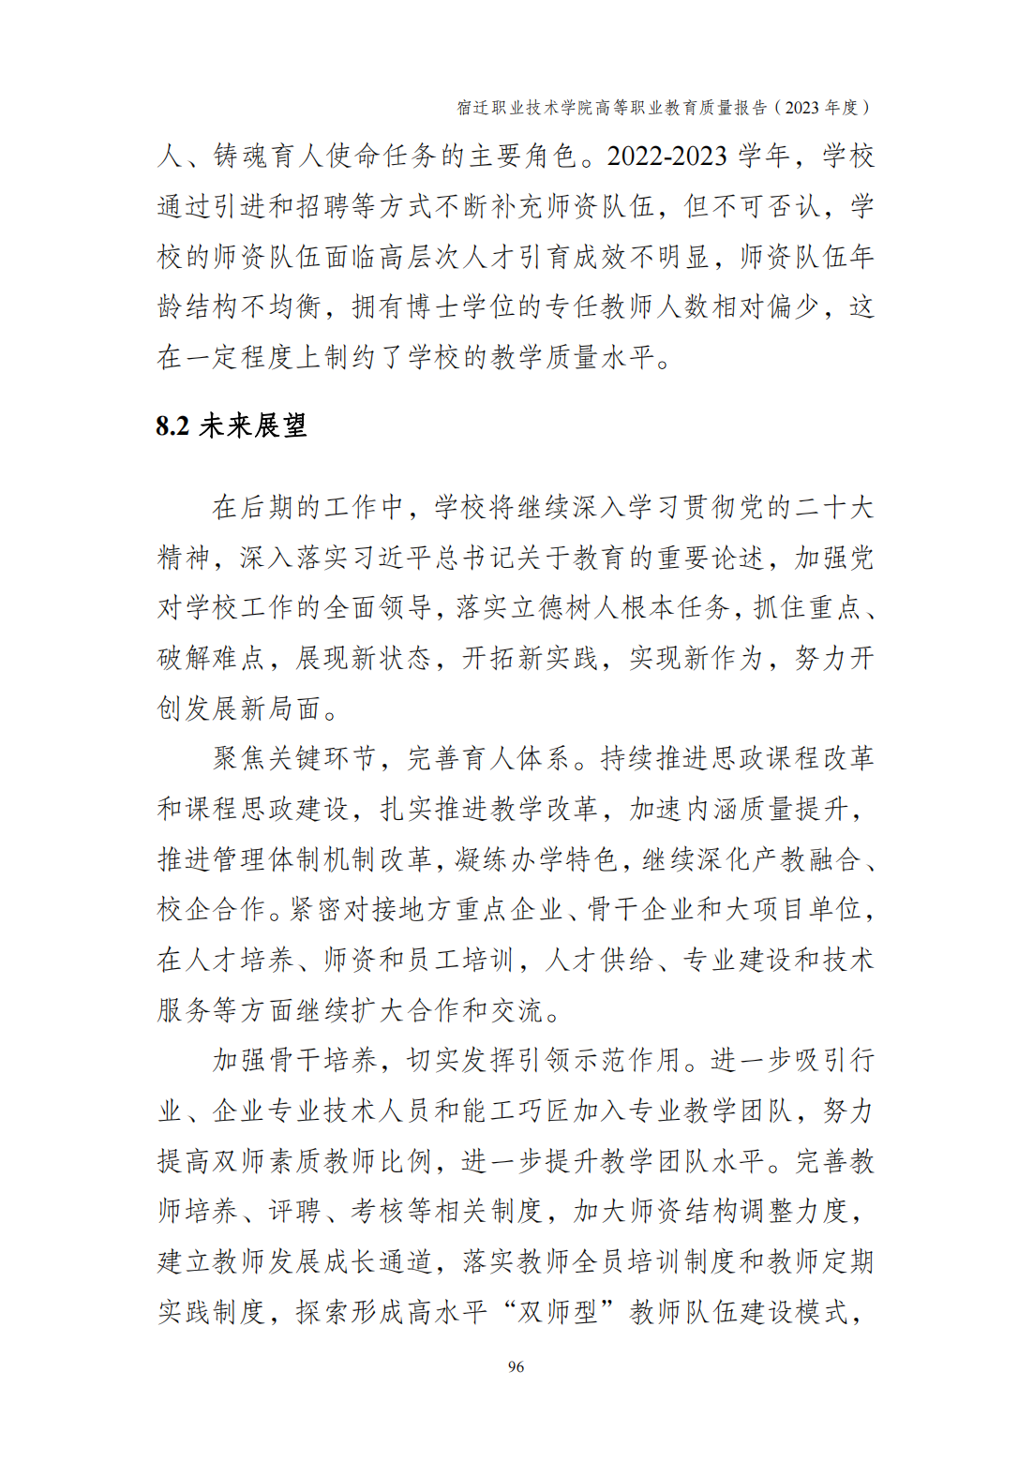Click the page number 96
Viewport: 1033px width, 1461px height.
(516, 1366)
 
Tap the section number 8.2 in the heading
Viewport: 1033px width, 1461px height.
(172, 426)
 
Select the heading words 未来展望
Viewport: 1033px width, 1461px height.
(253, 426)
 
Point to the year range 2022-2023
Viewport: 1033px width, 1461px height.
(666, 156)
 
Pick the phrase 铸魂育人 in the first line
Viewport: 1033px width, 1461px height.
(267, 156)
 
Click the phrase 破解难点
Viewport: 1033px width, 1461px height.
(211, 659)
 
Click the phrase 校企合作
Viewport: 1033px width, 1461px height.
(211, 910)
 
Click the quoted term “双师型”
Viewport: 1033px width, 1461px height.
(559, 1312)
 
